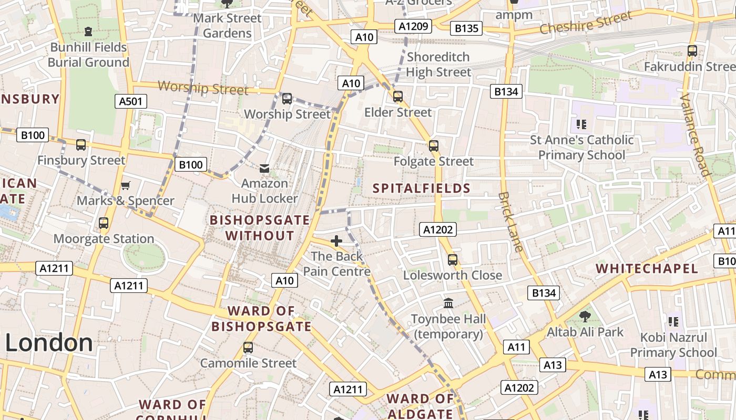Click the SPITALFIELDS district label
[x=422, y=188]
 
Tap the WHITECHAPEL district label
[x=647, y=269]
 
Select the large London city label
[x=49, y=343]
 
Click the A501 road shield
[x=130, y=101]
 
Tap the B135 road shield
[x=466, y=28]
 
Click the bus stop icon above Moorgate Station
[x=104, y=223]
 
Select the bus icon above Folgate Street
[x=434, y=146]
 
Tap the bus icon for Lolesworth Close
[x=452, y=259]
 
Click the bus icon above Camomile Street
[x=248, y=348]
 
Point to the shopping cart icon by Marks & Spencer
[x=126, y=185]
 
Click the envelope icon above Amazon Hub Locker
[x=264, y=169]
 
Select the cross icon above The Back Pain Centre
[x=336, y=241]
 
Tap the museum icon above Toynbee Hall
[x=448, y=303]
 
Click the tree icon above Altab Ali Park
[x=585, y=316]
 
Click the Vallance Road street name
[x=695, y=135]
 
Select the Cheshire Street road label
[x=586, y=23]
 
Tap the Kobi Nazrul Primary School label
[x=673, y=344]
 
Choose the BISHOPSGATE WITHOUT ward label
[x=260, y=227]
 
